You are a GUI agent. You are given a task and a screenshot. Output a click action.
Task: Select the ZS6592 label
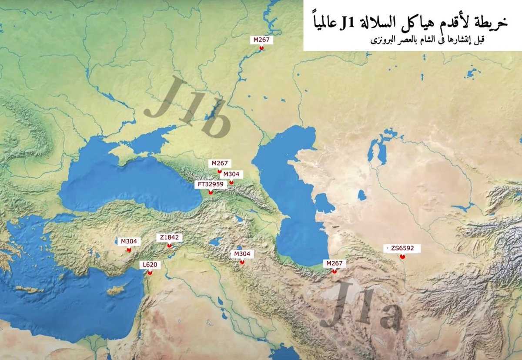coord(402,249)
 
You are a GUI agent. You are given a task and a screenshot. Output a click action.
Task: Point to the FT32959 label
coord(211,184)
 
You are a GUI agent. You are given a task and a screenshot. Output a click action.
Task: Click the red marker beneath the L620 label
coord(150,273)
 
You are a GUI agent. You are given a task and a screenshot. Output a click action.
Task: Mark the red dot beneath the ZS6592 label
coord(402,257)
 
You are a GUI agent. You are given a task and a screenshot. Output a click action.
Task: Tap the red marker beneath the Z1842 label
coord(169,246)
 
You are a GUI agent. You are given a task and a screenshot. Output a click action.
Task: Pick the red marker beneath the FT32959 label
coord(211,192)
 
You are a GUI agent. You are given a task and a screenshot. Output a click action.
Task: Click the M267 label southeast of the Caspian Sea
coord(335,263)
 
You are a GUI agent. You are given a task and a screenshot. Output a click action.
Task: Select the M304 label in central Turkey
coord(129,242)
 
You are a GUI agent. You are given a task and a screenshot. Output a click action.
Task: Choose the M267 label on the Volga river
coord(261,40)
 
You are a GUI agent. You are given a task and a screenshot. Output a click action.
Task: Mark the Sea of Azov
coord(152,139)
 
